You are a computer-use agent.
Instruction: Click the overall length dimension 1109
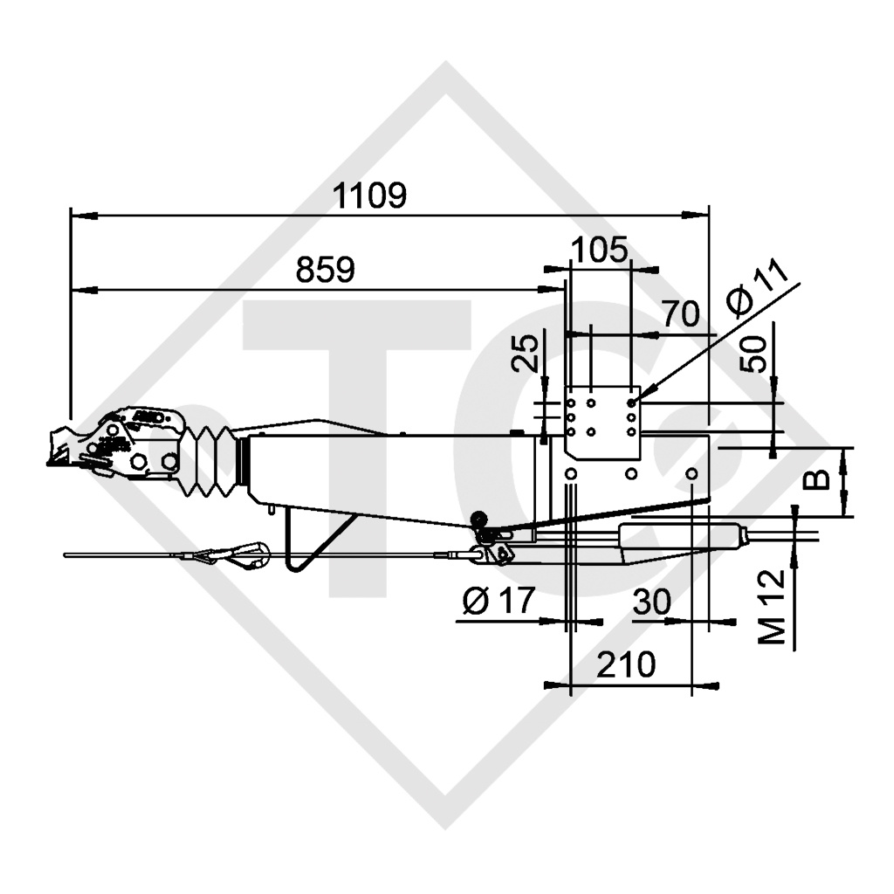[x=372, y=196]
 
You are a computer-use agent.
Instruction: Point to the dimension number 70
[x=680, y=313]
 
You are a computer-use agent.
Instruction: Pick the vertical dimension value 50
[x=756, y=353]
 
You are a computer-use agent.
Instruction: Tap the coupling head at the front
[x=122, y=445]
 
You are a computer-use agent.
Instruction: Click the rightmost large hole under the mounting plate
[x=691, y=473]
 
